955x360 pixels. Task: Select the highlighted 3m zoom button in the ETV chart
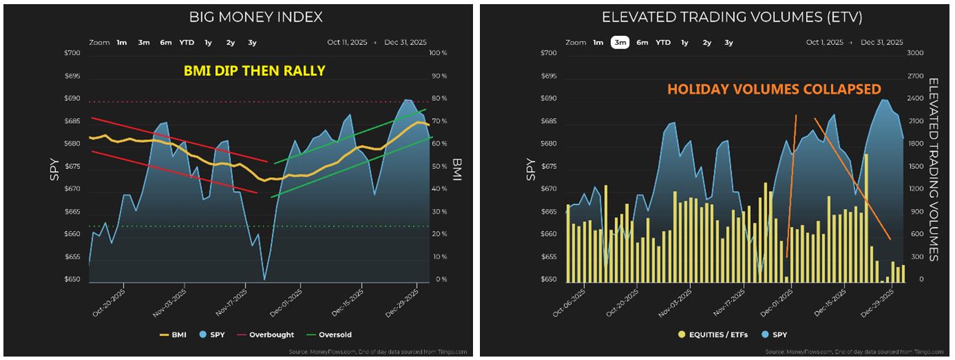click(x=620, y=43)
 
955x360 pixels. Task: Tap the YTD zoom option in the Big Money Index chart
click(x=187, y=43)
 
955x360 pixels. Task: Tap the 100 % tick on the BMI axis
click(x=438, y=53)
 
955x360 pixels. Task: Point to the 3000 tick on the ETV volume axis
click(x=915, y=53)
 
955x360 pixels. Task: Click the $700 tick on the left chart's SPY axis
click(x=72, y=53)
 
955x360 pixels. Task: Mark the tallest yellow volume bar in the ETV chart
click(x=866, y=218)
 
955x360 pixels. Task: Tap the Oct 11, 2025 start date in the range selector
click(x=349, y=43)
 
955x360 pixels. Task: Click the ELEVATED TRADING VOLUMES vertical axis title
click(x=934, y=169)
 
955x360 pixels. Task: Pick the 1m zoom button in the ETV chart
click(x=598, y=43)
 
